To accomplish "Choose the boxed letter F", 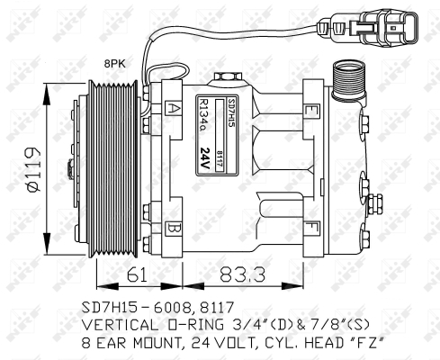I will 310,224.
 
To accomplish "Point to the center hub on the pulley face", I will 67,168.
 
